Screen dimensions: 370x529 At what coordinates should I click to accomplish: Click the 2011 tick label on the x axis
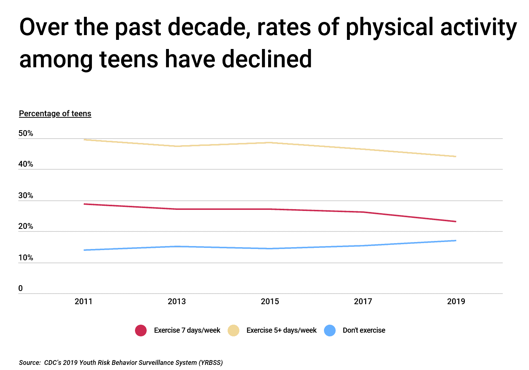coord(84,302)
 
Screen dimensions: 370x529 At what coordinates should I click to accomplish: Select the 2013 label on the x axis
coord(177,302)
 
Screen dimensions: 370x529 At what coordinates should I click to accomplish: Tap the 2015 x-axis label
coord(270,302)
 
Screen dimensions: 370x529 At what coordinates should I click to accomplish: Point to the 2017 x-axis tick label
coord(363,302)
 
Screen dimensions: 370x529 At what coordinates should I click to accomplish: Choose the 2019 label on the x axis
coord(456,302)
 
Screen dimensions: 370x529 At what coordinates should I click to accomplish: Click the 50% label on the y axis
coord(26,133)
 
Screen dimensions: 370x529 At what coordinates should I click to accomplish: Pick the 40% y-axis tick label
coord(26,164)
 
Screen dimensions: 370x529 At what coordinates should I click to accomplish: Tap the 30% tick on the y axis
coord(26,196)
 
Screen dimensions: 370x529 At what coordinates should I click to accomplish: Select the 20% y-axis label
coord(26,226)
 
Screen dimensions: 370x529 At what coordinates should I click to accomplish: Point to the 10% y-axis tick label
coord(26,258)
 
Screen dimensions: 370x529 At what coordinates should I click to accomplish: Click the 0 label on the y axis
coord(20,288)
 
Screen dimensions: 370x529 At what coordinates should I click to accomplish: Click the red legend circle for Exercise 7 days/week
coord(141,331)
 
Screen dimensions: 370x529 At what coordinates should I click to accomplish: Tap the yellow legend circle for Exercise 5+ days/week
coord(233,331)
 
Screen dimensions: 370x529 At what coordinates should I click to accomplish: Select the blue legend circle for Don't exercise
coord(330,331)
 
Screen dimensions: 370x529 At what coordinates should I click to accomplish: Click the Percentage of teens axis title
coord(55,114)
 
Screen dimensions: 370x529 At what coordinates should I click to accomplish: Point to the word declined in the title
coord(267,59)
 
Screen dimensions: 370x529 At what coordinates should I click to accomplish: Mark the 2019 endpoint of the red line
coord(455,222)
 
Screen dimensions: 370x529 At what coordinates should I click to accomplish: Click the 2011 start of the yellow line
coord(84,140)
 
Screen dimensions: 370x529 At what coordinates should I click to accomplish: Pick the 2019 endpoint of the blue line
coord(455,241)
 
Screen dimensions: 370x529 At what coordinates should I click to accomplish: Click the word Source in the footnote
coord(30,363)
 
